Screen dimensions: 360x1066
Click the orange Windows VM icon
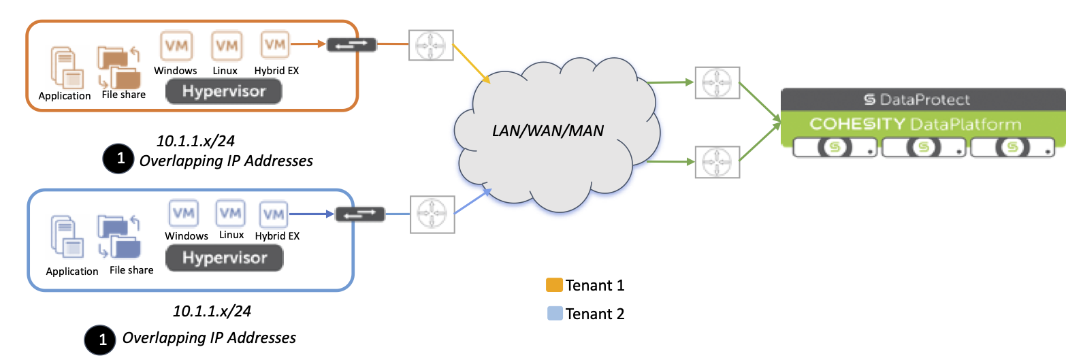(176, 46)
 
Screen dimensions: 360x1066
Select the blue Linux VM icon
(230, 214)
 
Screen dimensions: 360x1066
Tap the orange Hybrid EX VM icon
(275, 45)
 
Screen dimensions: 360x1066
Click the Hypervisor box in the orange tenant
(225, 91)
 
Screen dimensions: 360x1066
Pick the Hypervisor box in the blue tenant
(224, 259)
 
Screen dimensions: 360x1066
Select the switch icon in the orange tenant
(351, 46)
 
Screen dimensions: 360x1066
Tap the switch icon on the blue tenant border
(360, 214)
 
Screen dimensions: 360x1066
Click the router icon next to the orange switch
(430, 46)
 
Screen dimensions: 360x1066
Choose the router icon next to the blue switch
(432, 214)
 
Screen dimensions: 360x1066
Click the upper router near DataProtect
(717, 83)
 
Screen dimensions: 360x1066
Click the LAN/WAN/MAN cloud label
(548, 130)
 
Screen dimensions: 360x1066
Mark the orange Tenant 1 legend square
(554, 285)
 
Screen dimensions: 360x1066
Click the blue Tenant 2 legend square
(554, 314)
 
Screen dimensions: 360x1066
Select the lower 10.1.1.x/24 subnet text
(212, 312)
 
